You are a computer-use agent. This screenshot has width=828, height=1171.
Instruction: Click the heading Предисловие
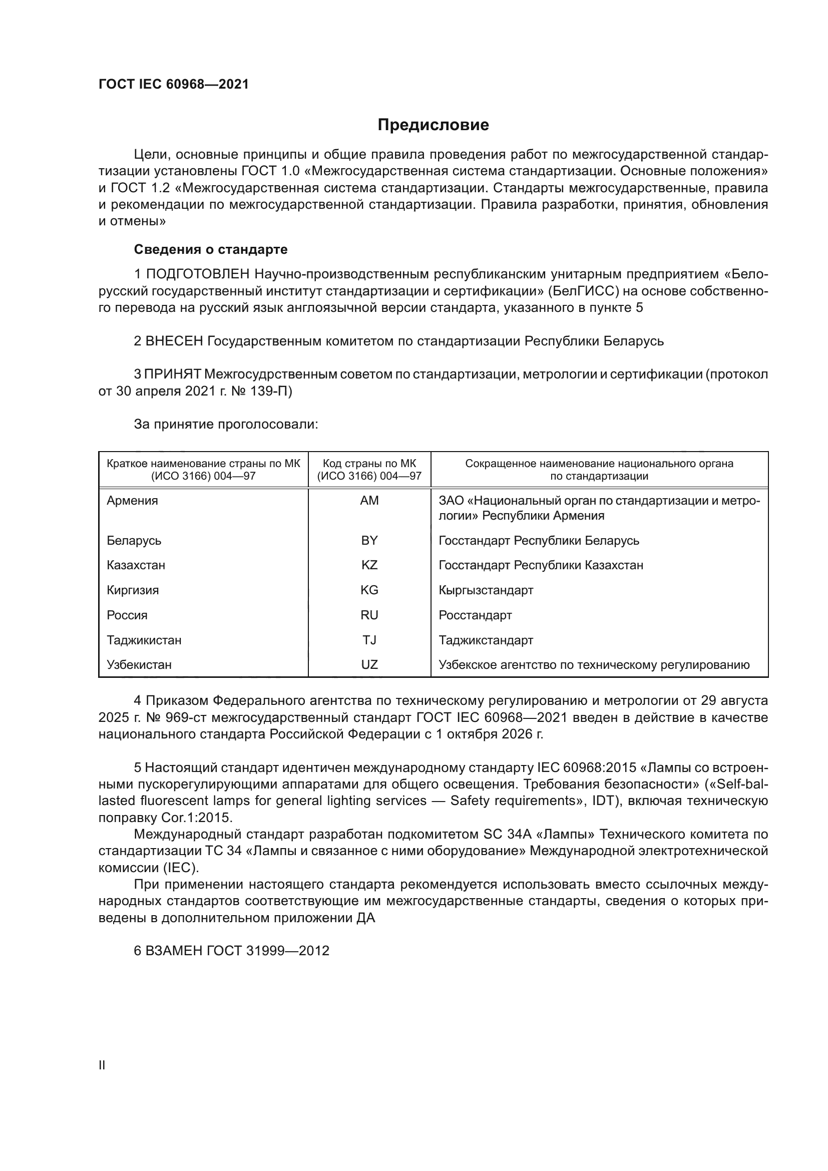pos(433,125)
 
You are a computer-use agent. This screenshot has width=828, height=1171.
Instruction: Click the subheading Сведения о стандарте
pos(211,249)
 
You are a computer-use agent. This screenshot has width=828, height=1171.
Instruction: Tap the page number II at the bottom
pos(102,1065)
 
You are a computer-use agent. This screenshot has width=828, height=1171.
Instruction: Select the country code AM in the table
pos(369,501)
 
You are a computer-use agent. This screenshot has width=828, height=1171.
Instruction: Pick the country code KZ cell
pos(369,565)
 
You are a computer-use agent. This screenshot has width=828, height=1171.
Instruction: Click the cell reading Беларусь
pos(134,540)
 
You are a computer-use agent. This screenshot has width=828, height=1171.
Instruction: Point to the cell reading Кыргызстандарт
pos(486,590)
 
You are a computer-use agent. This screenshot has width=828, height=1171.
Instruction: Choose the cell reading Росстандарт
pos(475,615)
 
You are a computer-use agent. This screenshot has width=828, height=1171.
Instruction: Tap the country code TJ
pos(369,640)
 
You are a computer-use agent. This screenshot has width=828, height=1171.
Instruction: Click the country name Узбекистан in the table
pos(139,665)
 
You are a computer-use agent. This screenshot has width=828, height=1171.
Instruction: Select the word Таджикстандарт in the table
pos(486,640)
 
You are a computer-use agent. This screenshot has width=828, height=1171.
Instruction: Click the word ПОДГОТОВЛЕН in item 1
pos(198,274)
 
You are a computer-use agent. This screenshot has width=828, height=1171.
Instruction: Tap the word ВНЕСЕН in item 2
pos(174,341)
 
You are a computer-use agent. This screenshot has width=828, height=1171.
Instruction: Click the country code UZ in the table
pos(369,665)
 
